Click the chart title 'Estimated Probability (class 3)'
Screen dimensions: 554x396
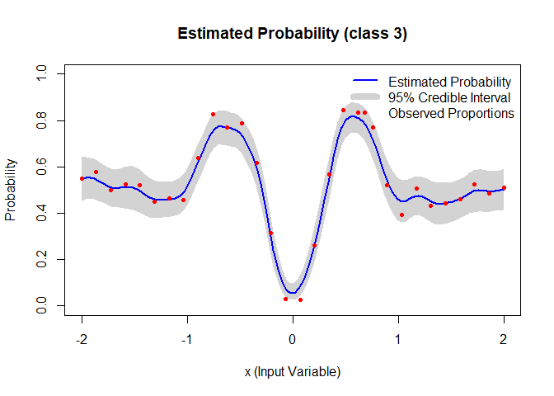[x=292, y=34]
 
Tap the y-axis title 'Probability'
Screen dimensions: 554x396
[x=11, y=190]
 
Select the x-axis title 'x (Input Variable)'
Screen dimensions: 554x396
[x=293, y=372]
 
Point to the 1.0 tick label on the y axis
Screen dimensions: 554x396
[x=41, y=73]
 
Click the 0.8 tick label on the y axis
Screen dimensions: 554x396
[x=41, y=120]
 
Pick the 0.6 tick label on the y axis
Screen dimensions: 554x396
[x=41, y=167]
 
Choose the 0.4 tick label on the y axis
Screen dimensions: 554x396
[x=41, y=213]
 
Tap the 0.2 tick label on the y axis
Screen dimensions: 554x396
[x=41, y=259]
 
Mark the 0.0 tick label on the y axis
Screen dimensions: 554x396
[x=41, y=305]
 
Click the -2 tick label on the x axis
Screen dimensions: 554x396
[x=82, y=340]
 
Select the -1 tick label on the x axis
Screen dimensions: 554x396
[x=187, y=340]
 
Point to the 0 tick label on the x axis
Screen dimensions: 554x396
[x=292, y=340]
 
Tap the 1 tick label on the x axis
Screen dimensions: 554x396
[x=398, y=340]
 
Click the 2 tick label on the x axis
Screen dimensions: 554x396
[x=504, y=340]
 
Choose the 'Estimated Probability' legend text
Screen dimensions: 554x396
[x=450, y=82]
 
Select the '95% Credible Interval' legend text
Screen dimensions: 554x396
[x=449, y=97]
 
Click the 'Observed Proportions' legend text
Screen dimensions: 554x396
[x=451, y=114]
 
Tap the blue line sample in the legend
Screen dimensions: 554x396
[x=365, y=81]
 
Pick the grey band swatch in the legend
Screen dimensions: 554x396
[x=365, y=97]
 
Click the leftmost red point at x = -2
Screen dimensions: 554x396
[x=82, y=178]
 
